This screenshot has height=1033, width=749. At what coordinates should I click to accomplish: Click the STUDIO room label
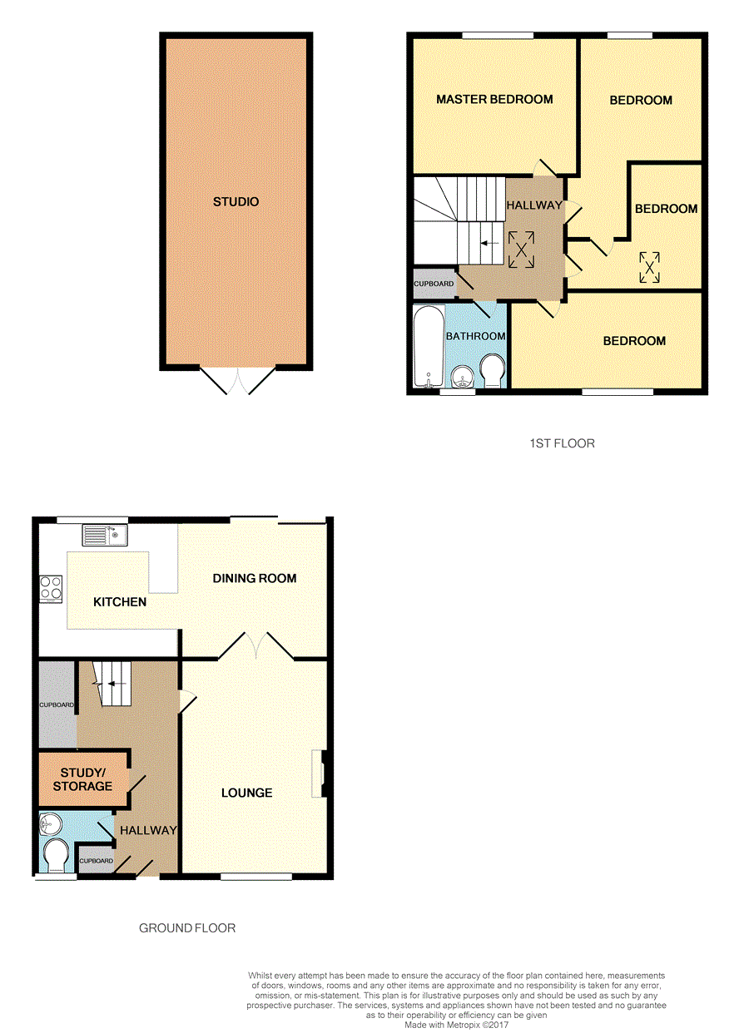[236, 202]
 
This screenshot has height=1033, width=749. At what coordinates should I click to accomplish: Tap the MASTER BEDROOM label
[494, 100]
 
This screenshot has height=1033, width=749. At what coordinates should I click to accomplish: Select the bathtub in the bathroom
[429, 345]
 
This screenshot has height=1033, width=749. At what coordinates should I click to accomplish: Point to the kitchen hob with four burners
[51, 588]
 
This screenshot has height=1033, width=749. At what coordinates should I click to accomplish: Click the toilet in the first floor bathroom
[492, 371]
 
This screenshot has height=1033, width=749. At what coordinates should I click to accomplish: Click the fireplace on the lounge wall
[319, 774]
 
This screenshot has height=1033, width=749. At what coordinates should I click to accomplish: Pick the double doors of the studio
[237, 381]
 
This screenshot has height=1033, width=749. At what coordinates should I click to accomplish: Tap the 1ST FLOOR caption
[563, 443]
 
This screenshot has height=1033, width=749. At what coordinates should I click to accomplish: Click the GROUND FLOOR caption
[187, 927]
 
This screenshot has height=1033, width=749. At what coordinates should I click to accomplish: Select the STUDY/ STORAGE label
[82, 779]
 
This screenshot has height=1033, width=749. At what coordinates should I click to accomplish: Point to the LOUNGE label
[247, 793]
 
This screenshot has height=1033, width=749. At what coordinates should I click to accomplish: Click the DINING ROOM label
[255, 578]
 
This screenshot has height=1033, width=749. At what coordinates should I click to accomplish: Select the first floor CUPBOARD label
[434, 284]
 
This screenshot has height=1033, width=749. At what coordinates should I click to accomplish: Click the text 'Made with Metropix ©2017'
[456, 1025]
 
